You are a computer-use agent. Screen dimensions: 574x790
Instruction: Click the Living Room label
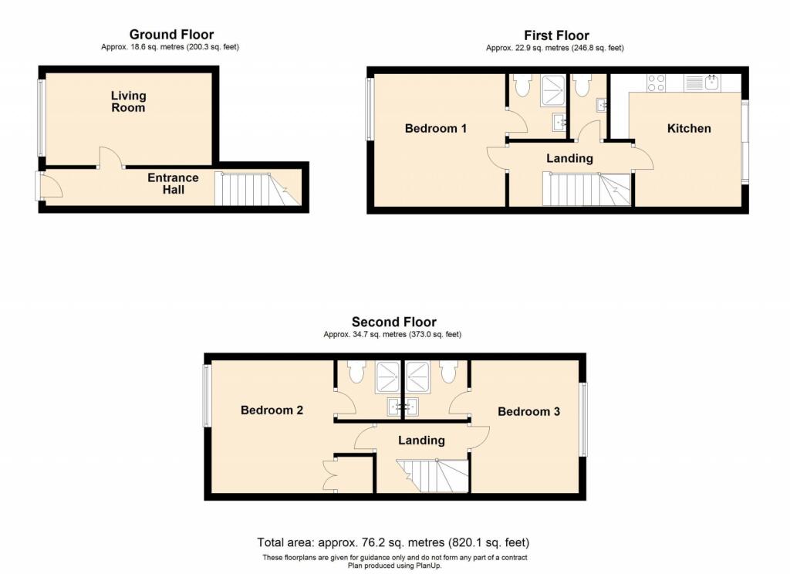(128, 102)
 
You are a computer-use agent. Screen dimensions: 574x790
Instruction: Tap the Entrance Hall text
(173, 184)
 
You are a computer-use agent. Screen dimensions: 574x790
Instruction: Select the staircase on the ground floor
(255, 189)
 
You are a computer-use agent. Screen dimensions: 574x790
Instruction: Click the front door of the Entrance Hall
(49, 186)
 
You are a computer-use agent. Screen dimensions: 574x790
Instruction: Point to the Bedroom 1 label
(435, 128)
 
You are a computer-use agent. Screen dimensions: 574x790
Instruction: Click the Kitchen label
(688, 128)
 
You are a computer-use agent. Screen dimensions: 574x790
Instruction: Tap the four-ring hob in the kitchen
(657, 83)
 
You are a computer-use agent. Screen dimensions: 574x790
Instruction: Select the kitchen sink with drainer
(702, 83)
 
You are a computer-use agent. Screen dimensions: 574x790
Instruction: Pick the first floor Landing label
(569, 158)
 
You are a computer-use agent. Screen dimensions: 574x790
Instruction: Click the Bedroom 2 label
(272, 410)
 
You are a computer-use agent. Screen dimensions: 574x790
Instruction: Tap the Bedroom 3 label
(528, 412)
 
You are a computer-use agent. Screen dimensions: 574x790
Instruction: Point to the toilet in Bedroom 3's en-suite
(447, 372)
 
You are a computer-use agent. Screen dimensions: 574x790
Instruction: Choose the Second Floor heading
(393, 322)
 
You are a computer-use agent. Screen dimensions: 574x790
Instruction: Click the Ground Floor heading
(171, 34)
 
